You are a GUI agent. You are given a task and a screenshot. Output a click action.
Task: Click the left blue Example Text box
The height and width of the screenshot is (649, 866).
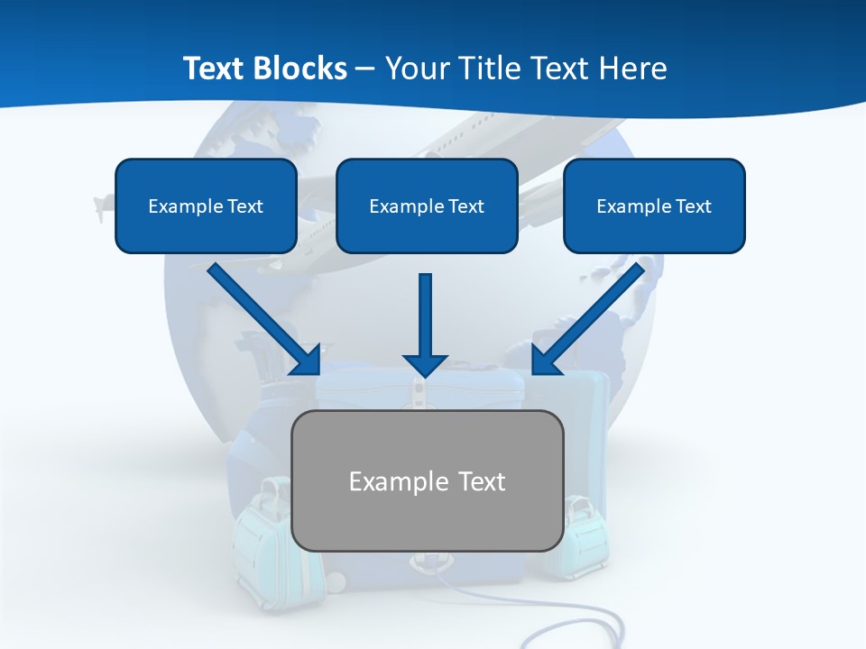206,206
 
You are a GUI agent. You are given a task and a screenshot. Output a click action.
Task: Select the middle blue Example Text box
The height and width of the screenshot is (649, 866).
427,206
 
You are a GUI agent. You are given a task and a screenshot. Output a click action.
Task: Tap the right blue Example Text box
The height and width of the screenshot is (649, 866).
654,206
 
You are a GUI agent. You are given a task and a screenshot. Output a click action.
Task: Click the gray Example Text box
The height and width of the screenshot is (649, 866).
428,480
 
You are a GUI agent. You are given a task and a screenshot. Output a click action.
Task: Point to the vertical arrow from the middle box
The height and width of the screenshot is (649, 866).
425,315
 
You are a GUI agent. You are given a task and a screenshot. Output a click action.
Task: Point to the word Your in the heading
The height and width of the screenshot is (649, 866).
419,69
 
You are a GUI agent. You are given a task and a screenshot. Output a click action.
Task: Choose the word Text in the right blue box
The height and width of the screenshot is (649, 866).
694,206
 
